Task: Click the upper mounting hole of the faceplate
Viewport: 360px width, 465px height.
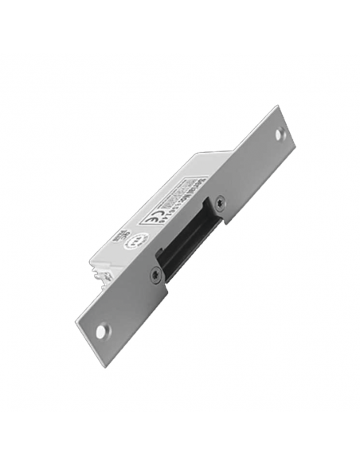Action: tap(280, 135)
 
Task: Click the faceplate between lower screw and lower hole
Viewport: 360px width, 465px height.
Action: tap(127, 302)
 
